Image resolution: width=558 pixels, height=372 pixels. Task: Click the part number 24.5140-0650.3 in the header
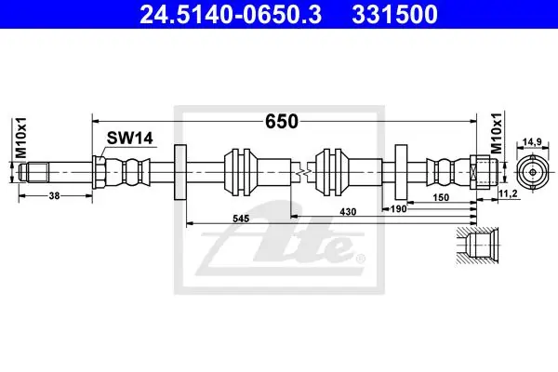[x=231, y=15]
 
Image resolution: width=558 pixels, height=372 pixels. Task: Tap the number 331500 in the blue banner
[x=394, y=15]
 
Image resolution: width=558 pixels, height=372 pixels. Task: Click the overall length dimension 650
[x=282, y=122]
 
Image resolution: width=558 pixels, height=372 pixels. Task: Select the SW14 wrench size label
[x=130, y=139]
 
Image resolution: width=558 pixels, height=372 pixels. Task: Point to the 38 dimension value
[x=54, y=195]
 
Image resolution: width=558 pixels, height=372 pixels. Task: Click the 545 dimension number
[x=241, y=219]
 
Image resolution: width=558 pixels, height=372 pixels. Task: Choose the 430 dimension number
[x=348, y=212]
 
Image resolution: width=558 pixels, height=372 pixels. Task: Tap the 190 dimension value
[x=398, y=209]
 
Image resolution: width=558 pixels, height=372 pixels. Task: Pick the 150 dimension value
[x=441, y=197]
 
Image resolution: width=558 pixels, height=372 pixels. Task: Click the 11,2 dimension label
[x=508, y=193]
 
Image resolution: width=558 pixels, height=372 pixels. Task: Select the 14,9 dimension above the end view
[x=532, y=141]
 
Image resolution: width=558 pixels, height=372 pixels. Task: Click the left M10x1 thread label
[x=21, y=138]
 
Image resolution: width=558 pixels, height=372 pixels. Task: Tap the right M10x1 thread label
[x=497, y=134]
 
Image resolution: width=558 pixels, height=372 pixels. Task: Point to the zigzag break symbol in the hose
[x=303, y=172]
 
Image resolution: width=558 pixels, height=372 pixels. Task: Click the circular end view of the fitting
[x=532, y=172]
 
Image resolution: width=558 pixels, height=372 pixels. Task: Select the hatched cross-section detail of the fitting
[x=478, y=246]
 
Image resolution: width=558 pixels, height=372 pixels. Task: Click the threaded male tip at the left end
[x=33, y=172]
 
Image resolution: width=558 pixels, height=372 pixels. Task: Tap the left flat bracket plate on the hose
[x=180, y=172]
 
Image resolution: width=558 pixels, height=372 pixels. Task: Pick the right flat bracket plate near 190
[x=401, y=172]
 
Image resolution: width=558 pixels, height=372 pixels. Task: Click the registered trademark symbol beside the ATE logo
[x=361, y=259]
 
